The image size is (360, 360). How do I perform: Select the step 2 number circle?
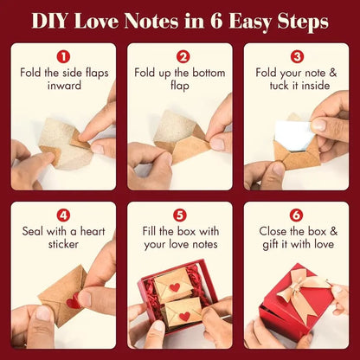click(180, 56)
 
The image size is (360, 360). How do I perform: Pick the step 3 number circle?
click(297, 56)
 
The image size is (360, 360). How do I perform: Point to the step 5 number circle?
click(180, 215)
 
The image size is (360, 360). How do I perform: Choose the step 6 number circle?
click(297, 215)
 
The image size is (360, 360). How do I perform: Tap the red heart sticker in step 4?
click(74, 302)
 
